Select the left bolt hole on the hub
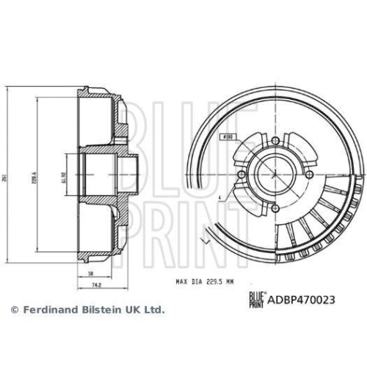241,174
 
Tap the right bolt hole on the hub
308,174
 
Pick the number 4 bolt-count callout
219,198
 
